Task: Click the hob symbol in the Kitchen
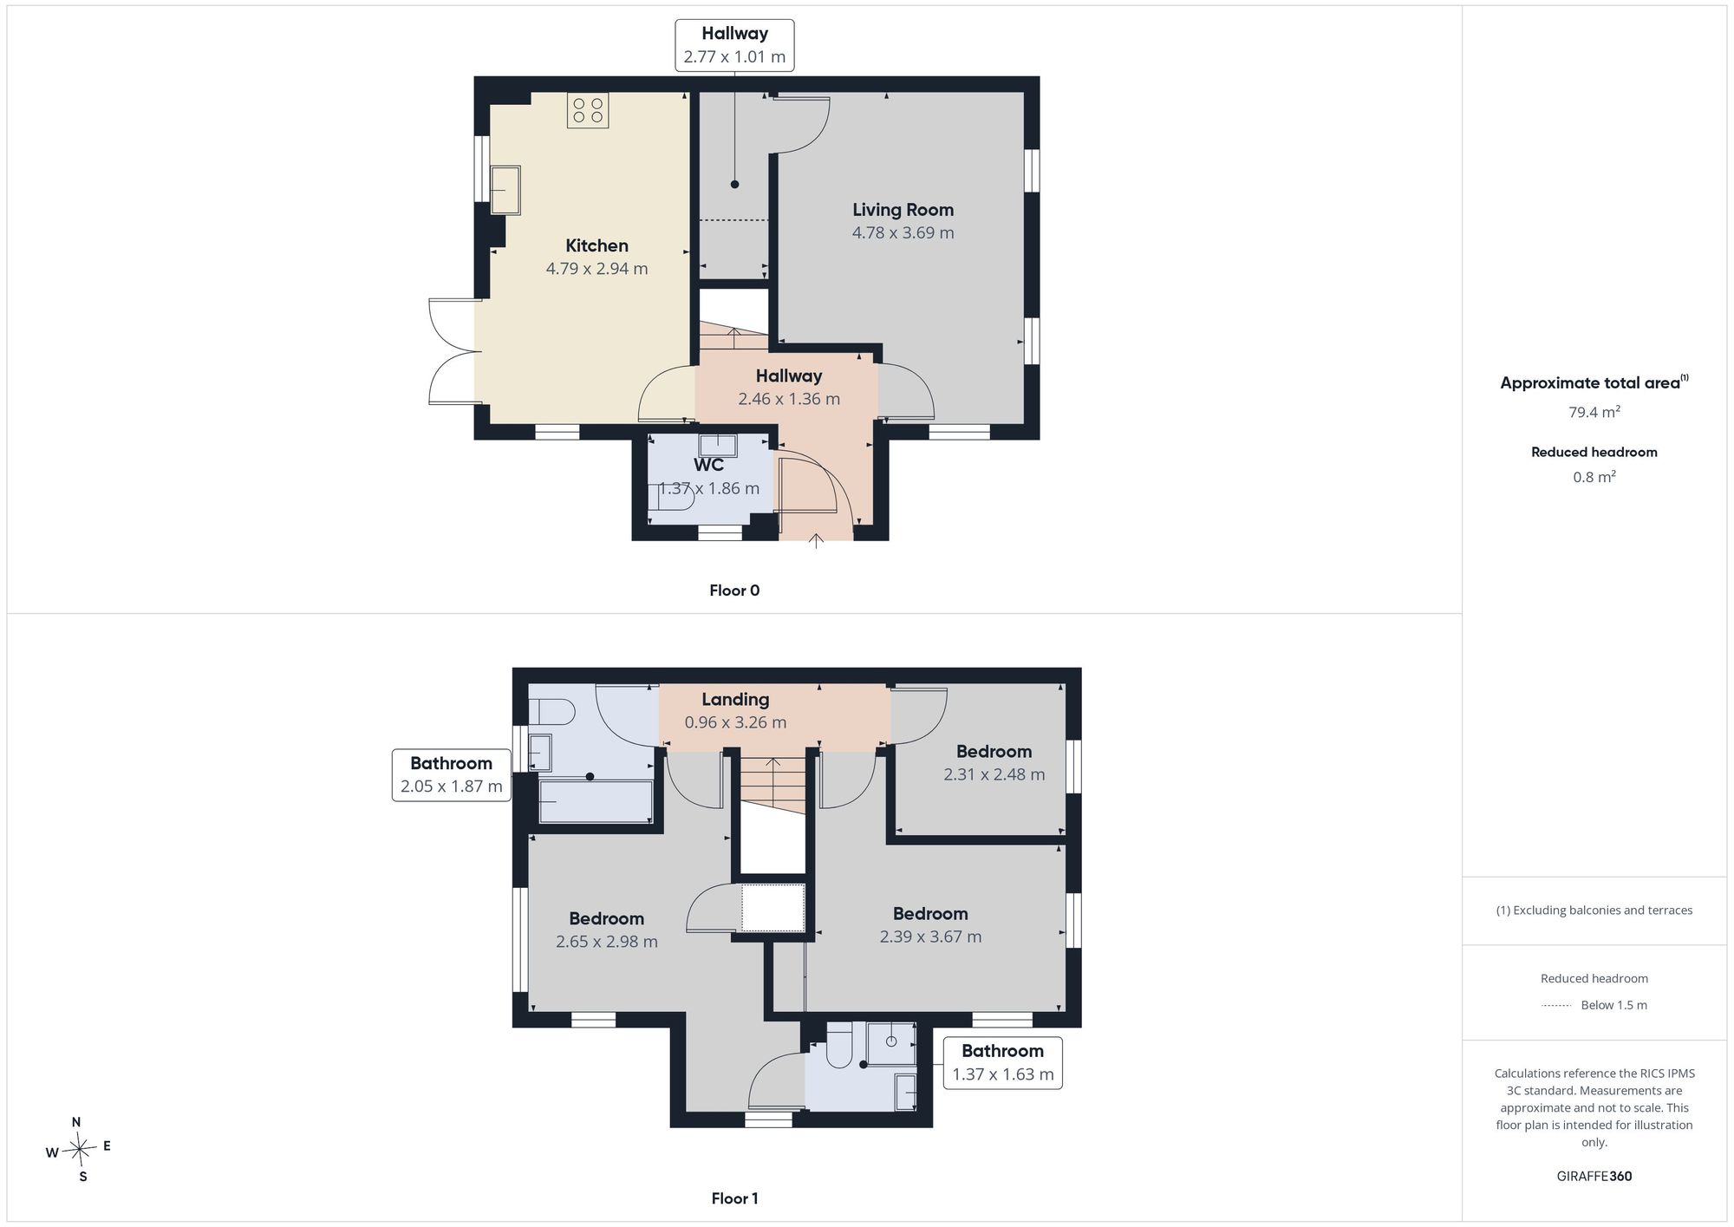tap(588, 110)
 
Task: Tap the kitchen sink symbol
tap(505, 190)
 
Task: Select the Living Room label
tap(903, 210)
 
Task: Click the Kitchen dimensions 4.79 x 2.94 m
tap(596, 269)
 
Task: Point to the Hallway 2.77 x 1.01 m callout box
tap(734, 45)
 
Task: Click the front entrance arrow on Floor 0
tap(816, 541)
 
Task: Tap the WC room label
tap(708, 465)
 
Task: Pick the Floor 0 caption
tap(734, 591)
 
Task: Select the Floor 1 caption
tap(734, 1198)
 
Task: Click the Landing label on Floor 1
tap(735, 699)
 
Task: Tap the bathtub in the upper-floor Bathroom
tap(596, 802)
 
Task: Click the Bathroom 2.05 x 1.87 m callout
tap(451, 775)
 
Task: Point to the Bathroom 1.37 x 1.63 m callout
tap(1002, 1062)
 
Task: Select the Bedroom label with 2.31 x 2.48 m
tap(994, 752)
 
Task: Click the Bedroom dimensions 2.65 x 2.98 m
tap(607, 942)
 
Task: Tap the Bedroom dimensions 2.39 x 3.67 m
tap(930, 937)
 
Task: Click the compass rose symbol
tap(79, 1150)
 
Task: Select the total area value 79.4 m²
tap(1594, 412)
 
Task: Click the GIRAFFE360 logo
tap(1594, 1176)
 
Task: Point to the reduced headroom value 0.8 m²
tap(1594, 477)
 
